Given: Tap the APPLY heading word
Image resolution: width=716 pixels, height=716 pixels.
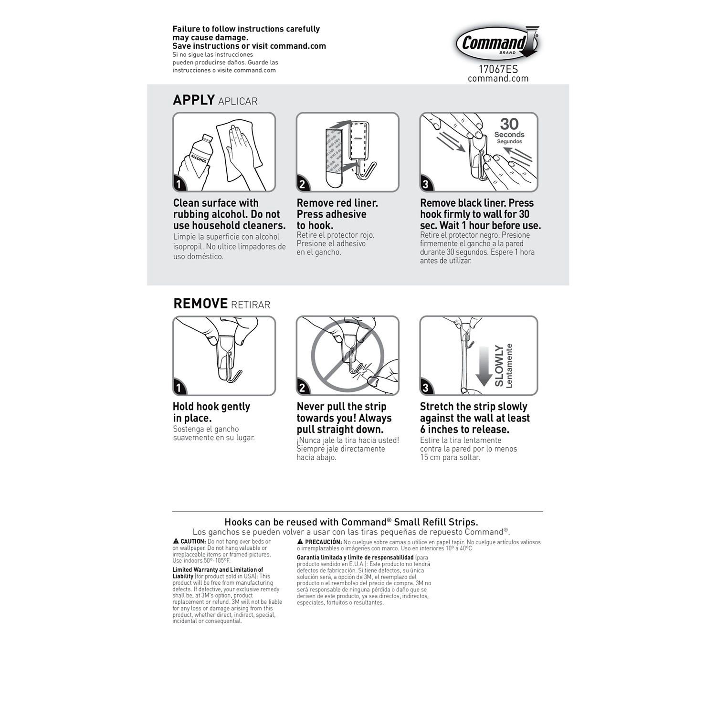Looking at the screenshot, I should pyautogui.click(x=194, y=100).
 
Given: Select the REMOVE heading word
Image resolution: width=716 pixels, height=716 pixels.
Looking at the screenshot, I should pyautogui.click(x=200, y=304).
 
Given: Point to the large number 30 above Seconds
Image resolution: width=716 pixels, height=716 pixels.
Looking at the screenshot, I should pyautogui.click(x=509, y=124).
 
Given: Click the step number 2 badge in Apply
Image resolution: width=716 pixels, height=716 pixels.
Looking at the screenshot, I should pyautogui.click(x=302, y=184).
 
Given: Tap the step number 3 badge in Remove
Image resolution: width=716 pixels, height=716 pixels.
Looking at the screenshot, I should pyautogui.click(x=425, y=388).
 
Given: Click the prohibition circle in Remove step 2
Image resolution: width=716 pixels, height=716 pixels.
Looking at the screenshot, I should pyautogui.click(x=347, y=355).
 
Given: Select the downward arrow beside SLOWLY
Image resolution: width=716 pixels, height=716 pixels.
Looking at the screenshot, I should pyautogui.click(x=484, y=366).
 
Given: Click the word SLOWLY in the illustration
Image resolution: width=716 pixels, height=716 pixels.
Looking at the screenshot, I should pyautogui.click(x=499, y=366).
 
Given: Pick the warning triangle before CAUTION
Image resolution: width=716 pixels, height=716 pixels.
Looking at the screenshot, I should pyautogui.click(x=176, y=541).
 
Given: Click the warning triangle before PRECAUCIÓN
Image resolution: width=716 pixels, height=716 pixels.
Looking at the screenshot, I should pyautogui.click(x=300, y=542).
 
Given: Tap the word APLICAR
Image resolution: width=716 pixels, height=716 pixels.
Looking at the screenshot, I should pyautogui.click(x=238, y=101).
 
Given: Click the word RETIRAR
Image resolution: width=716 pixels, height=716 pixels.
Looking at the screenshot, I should pyautogui.click(x=251, y=305).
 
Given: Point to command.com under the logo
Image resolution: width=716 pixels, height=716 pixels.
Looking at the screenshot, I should pyautogui.click(x=498, y=79).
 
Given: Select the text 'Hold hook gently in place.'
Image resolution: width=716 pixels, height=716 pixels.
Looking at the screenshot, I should pyautogui.click(x=211, y=412).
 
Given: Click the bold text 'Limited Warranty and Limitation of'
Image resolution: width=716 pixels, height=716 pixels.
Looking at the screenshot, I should pyautogui.click(x=218, y=569).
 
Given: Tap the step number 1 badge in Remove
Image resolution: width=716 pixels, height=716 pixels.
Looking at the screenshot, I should pyautogui.click(x=179, y=388).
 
